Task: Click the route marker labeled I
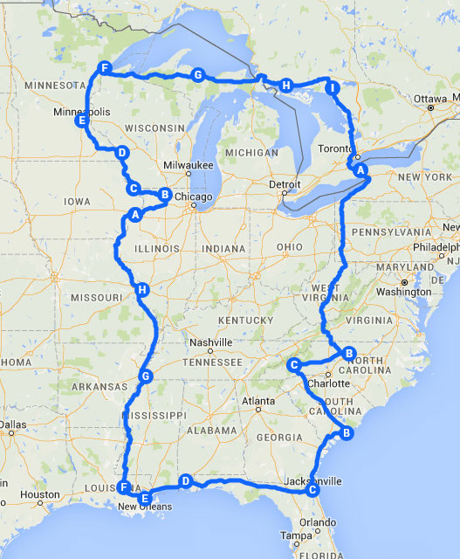click(x=331, y=87)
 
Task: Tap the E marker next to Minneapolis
click(x=82, y=121)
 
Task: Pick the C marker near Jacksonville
click(x=311, y=491)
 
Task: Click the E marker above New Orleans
click(x=145, y=498)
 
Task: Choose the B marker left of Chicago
click(x=163, y=194)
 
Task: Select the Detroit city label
click(x=283, y=185)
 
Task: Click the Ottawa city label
click(x=429, y=98)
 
